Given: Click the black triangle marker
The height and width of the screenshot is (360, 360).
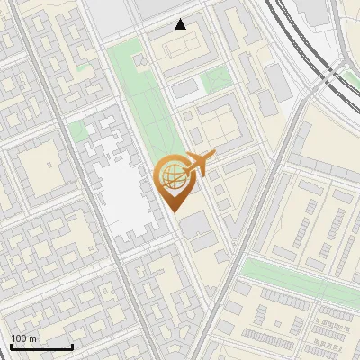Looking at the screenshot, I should click(x=181, y=24).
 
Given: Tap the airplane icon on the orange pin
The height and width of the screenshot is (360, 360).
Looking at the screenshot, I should click(x=199, y=164).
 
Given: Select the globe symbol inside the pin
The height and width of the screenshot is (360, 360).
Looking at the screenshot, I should click(x=171, y=176).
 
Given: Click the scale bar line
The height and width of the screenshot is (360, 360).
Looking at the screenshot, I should click(x=41, y=346).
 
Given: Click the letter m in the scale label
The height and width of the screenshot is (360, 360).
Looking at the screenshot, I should click(x=33, y=338).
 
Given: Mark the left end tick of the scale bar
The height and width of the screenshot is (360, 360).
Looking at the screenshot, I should click(x=11, y=345).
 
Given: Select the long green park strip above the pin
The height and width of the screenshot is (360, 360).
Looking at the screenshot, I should click(x=135, y=99).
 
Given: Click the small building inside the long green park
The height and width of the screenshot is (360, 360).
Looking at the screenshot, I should click(x=141, y=60).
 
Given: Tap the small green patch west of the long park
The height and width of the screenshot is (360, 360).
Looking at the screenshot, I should click(x=78, y=131).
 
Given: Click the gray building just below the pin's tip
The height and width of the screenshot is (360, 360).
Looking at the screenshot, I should click(x=196, y=225).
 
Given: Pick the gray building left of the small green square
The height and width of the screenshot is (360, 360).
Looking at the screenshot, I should click(x=184, y=90).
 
